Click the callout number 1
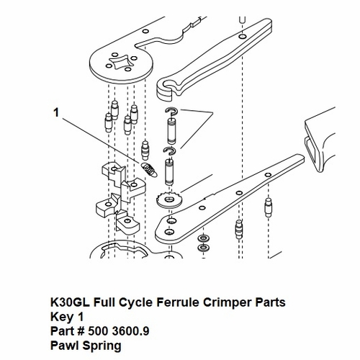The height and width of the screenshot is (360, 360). (55, 112)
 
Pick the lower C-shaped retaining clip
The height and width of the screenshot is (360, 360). (171, 151)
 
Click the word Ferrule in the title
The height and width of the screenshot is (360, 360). (145, 300)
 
